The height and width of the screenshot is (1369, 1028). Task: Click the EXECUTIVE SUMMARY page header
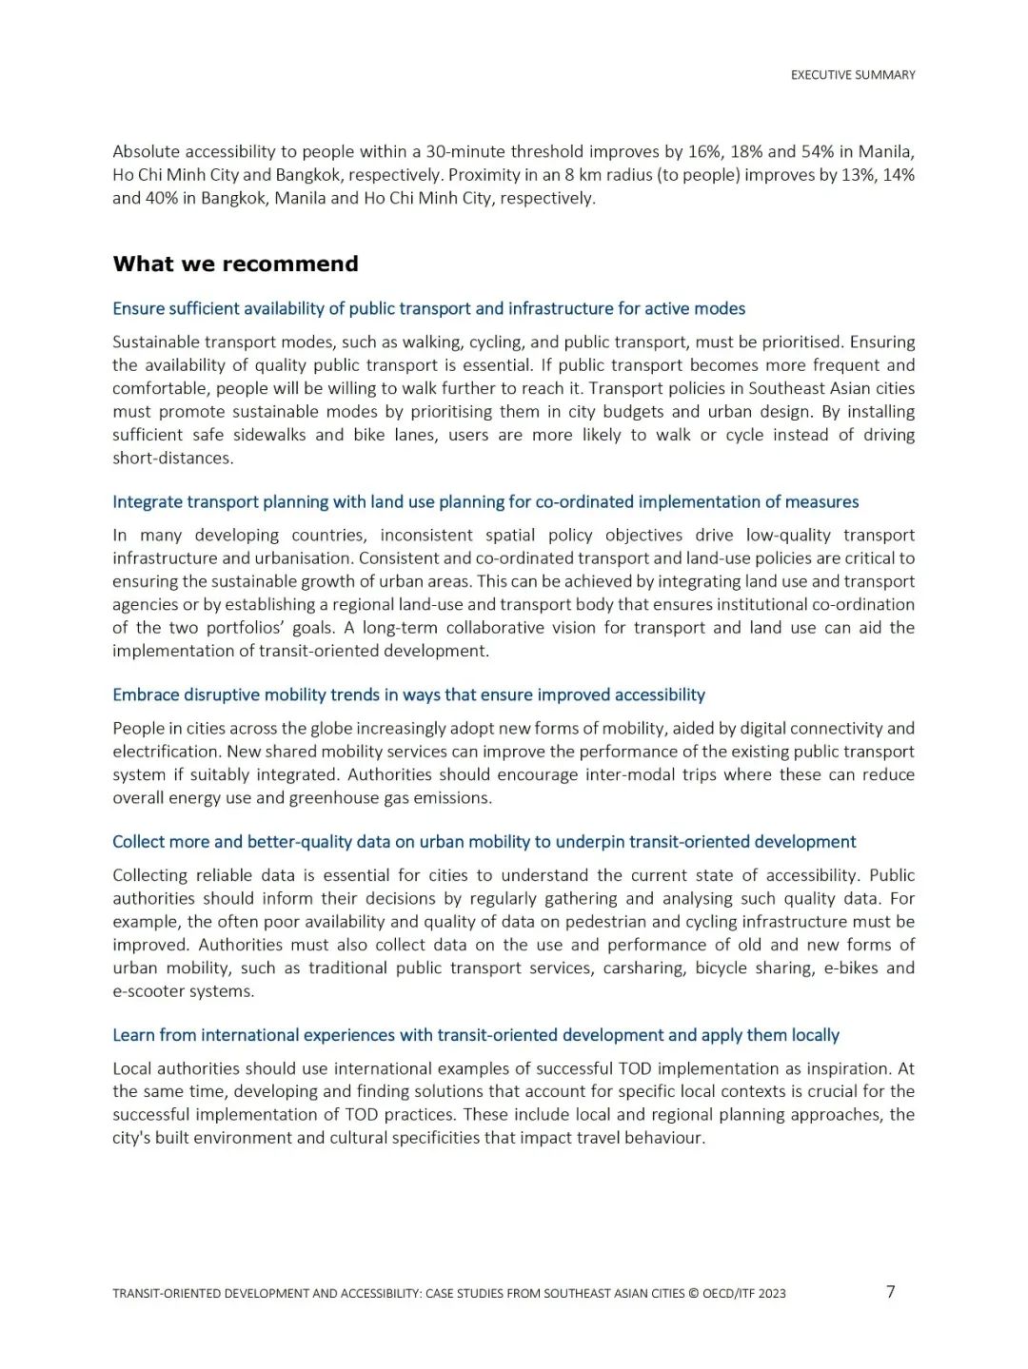(x=853, y=75)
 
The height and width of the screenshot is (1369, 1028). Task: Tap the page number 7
(x=891, y=1291)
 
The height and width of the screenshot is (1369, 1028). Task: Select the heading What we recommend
(x=235, y=264)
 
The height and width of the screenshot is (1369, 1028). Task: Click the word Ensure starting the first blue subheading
(x=138, y=308)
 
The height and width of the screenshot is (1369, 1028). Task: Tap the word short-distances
(x=173, y=458)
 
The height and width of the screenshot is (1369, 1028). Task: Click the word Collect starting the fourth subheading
(x=138, y=841)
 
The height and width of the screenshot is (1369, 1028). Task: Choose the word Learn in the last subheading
(x=133, y=1034)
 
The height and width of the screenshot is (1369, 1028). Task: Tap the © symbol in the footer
(x=693, y=1293)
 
